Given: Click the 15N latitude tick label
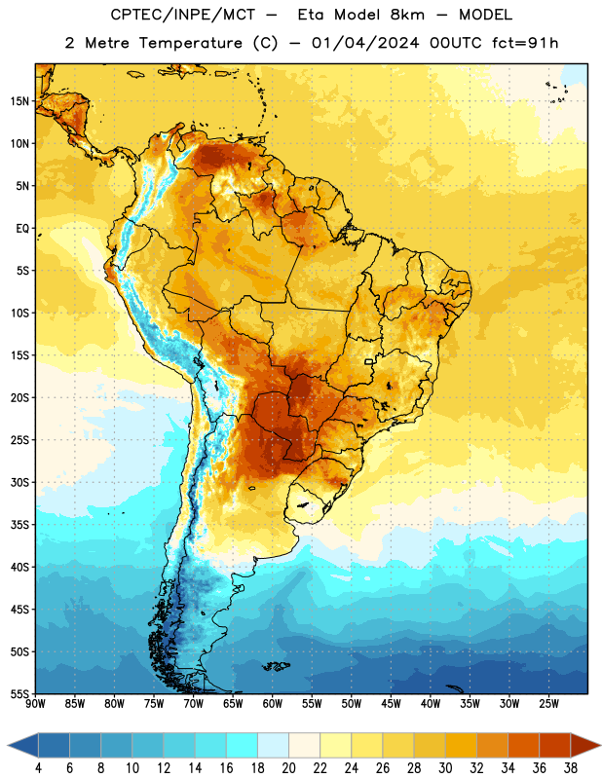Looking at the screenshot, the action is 19,101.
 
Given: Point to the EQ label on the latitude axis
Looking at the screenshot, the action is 22,229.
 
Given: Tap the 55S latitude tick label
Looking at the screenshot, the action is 19,694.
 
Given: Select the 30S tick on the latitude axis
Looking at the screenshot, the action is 19,482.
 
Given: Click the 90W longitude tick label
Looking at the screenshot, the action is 35,704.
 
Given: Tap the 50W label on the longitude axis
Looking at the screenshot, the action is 352,704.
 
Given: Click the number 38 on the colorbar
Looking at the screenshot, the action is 571,768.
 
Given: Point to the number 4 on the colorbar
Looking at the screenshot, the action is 38,768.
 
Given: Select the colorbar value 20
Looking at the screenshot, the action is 288,768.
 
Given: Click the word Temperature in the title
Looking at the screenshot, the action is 190,43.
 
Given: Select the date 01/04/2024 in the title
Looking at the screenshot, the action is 365,43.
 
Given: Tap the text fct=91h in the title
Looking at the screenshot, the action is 525,43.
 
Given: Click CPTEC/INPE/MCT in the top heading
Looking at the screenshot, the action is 182,15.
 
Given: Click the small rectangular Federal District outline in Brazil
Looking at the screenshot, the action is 369,361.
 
